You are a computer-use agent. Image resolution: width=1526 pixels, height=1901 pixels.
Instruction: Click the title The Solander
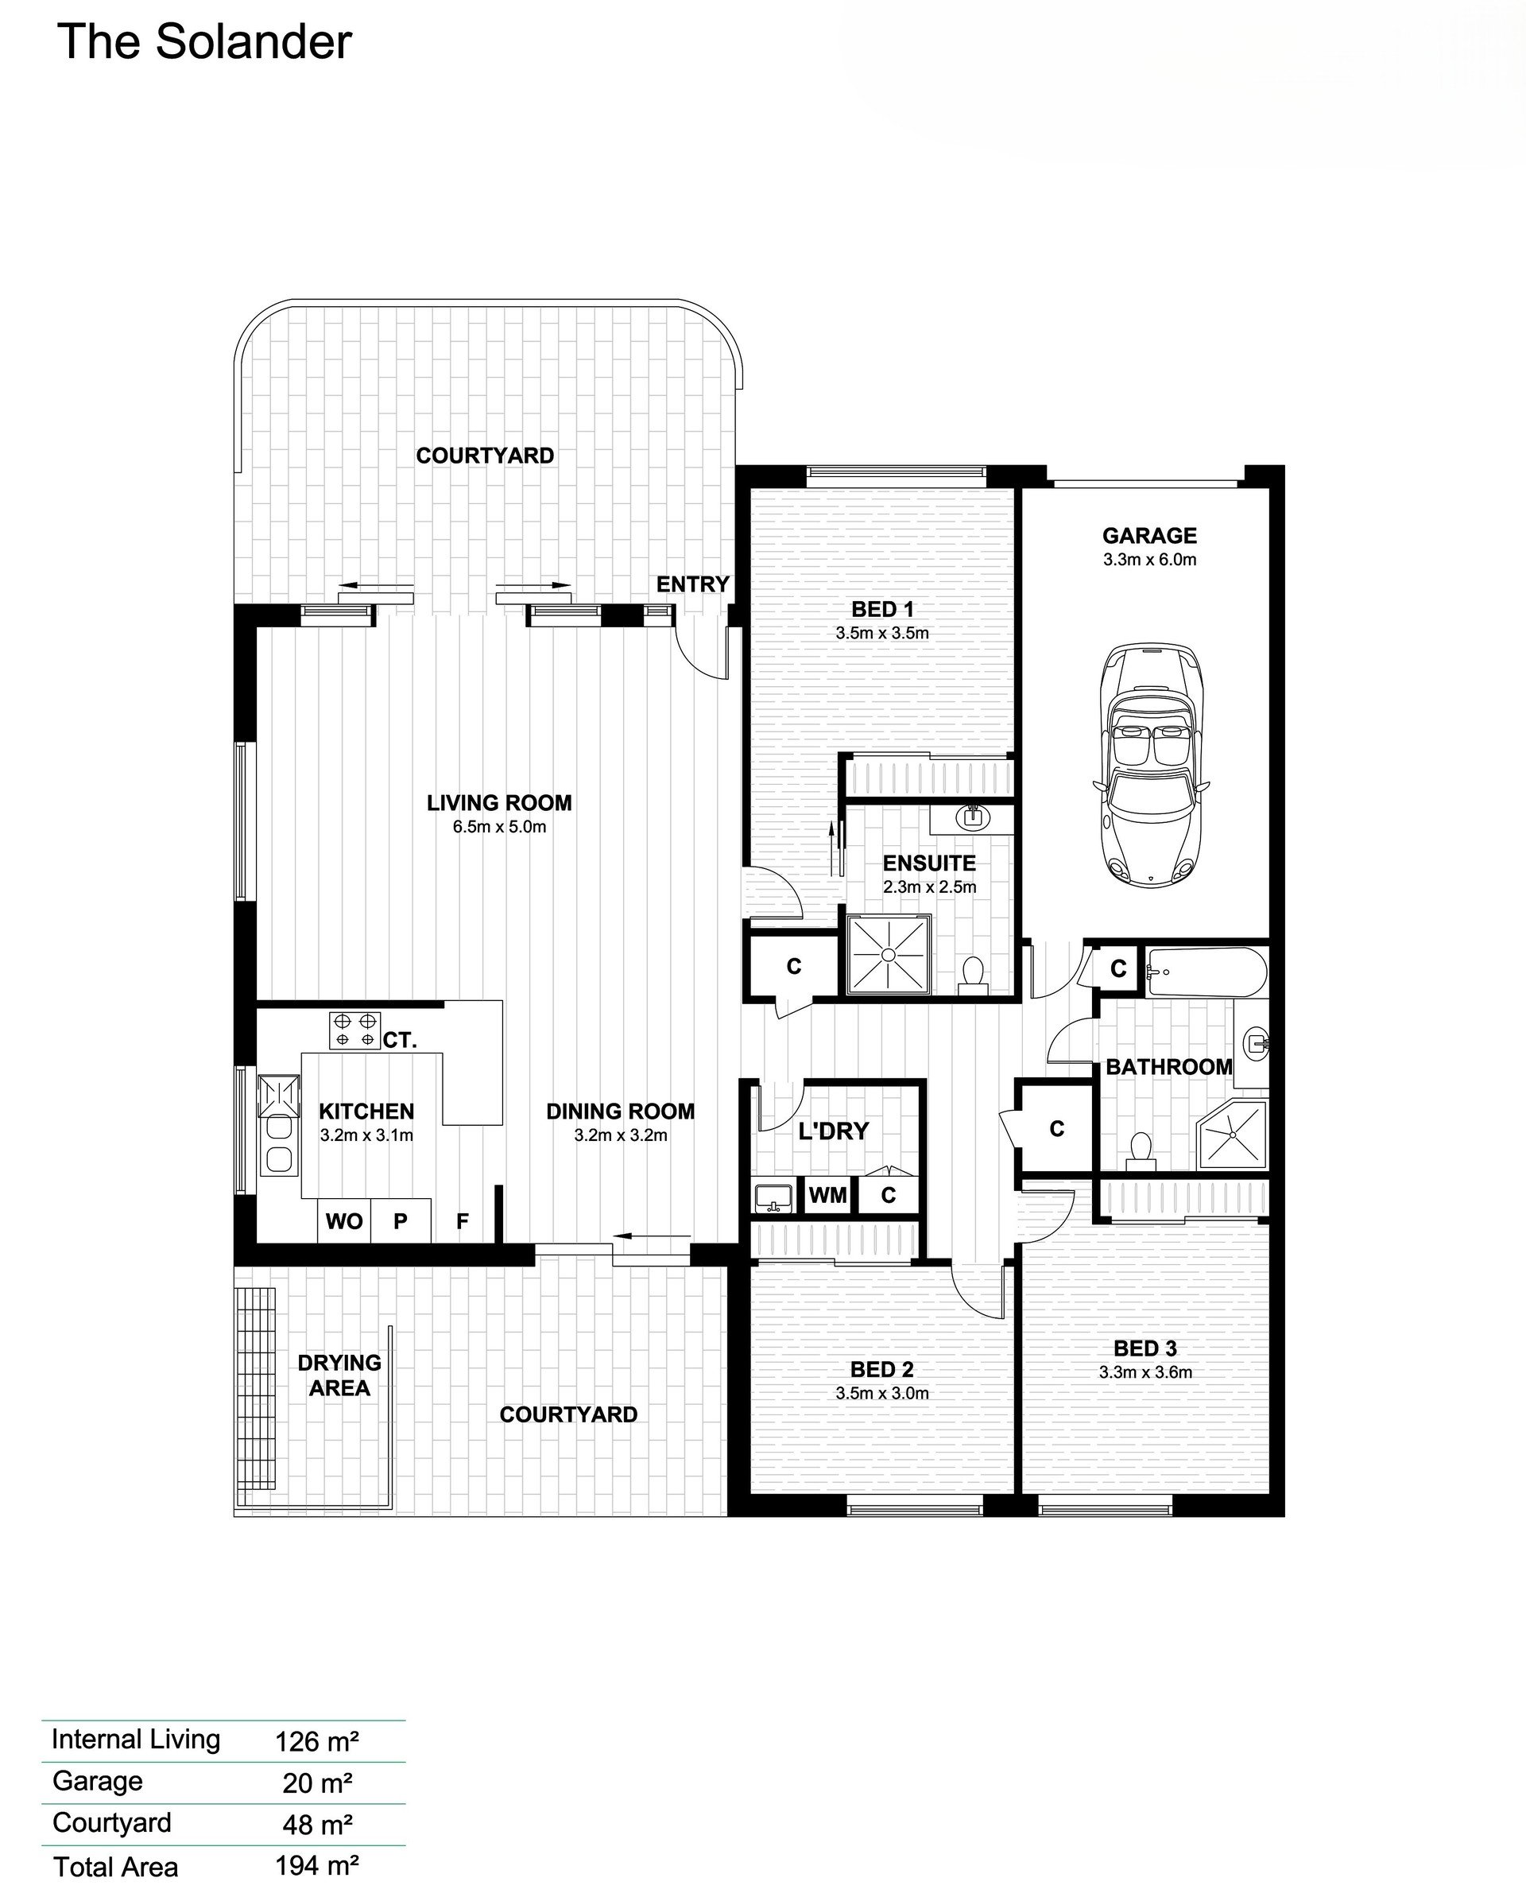tap(203, 42)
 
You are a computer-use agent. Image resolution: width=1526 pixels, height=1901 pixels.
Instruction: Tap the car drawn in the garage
tap(1149, 763)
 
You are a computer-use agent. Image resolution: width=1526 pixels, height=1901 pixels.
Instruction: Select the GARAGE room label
tap(1149, 535)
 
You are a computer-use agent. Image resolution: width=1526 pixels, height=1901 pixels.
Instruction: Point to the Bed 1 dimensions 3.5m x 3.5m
tap(882, 633)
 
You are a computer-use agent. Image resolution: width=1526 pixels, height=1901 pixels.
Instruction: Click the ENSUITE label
tap(929, 863)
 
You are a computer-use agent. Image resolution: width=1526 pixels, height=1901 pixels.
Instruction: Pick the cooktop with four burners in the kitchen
tap(354, 1030)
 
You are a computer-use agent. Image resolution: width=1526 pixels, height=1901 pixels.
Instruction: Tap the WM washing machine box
tap(828, 1196)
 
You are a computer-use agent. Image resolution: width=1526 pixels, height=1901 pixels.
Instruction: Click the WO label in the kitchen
tap(344, 1221)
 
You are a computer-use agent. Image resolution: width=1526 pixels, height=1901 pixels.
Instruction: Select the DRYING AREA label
tap(339, 1375)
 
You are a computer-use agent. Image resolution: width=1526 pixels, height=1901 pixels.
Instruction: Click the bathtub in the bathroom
tap(1206, 972)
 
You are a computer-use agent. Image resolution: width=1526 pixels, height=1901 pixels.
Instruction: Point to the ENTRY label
tap(693, 584)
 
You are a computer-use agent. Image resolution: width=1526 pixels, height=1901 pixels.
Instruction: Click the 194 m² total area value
tap(317, 1866)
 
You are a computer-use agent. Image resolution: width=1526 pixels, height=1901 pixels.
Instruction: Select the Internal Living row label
tap(136, 1740)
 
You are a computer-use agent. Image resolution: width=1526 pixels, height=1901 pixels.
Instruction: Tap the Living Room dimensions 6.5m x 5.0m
tap(499, 827)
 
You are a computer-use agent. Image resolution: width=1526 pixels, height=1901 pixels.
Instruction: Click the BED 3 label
tap(1145, 1348)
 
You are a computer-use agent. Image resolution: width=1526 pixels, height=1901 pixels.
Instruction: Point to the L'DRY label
tap(833, 1131)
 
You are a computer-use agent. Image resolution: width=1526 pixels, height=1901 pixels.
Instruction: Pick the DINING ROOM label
tap(621, 1111)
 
